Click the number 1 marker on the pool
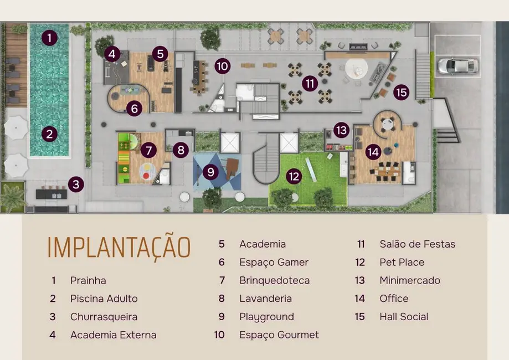coord(49,38)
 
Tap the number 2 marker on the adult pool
coord(49,133)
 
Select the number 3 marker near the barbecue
coord(76,184)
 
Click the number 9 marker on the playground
coord(210,172)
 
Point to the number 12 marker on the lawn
coord(294,177)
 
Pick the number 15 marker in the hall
coord(402,92)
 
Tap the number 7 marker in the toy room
coord(148,150)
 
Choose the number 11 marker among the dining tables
coord(310,84)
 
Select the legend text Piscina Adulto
coord(104,299)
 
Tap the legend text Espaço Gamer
coord(274,262)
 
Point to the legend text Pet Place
coord(402,262)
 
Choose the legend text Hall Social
coord(404,317)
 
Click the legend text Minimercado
coord(410,280)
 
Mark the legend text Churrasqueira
coord(104,317)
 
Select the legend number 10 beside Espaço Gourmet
coord(220,335)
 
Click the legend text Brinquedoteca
coord(274,280)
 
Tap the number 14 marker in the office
coord(373,151)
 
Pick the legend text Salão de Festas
coord(417,244)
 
